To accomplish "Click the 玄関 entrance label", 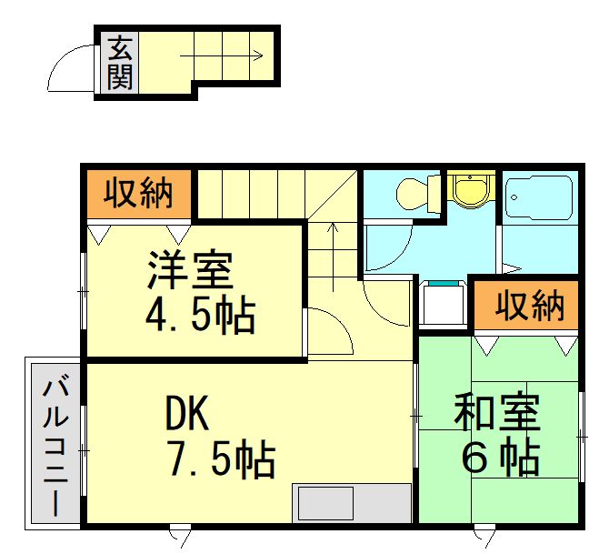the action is coord(120,63).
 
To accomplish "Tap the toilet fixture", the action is coord(417,194).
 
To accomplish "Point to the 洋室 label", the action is coord(190,270).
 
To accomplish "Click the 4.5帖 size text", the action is coord(200,316).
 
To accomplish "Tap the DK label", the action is coord(187,413).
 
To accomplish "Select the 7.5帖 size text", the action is coord(221,458).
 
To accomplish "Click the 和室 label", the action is coord(497,412).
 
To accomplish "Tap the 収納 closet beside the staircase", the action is coord(138,193).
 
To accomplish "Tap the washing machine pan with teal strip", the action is coord(444,302).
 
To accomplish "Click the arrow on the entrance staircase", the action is coord(222,55).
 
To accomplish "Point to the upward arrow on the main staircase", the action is coord(333,257).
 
